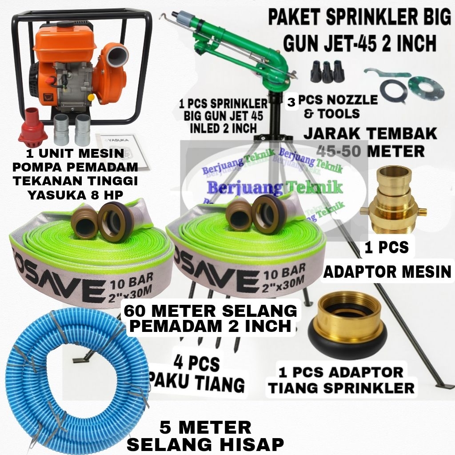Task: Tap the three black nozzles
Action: coord(328,71)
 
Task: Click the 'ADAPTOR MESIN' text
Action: coord(387,271)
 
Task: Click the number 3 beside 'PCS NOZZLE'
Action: coord(291,102)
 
